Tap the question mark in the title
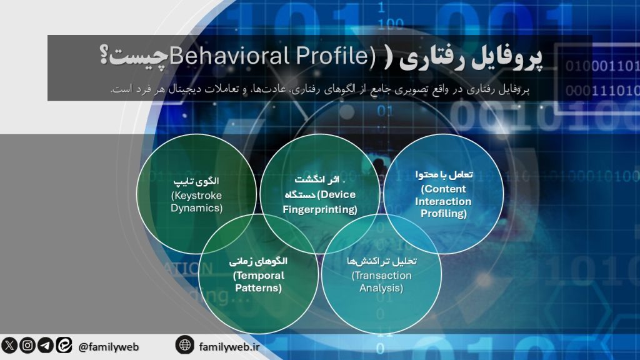click(104, 57)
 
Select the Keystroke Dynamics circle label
click(196, 195)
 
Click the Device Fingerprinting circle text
click(319, 195)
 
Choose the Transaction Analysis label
click(381, 275)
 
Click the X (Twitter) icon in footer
click(9, 345)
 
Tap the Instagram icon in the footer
click(27, 345)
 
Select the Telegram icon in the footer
click(46, 345)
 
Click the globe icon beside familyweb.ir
click(184, 344)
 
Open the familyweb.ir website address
click(229, 346)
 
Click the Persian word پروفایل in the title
click(506, 58)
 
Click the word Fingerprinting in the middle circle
click(319, 209)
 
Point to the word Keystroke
click(196, 196)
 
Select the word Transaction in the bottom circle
click(381, 276)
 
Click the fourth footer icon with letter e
click(64, 345)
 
